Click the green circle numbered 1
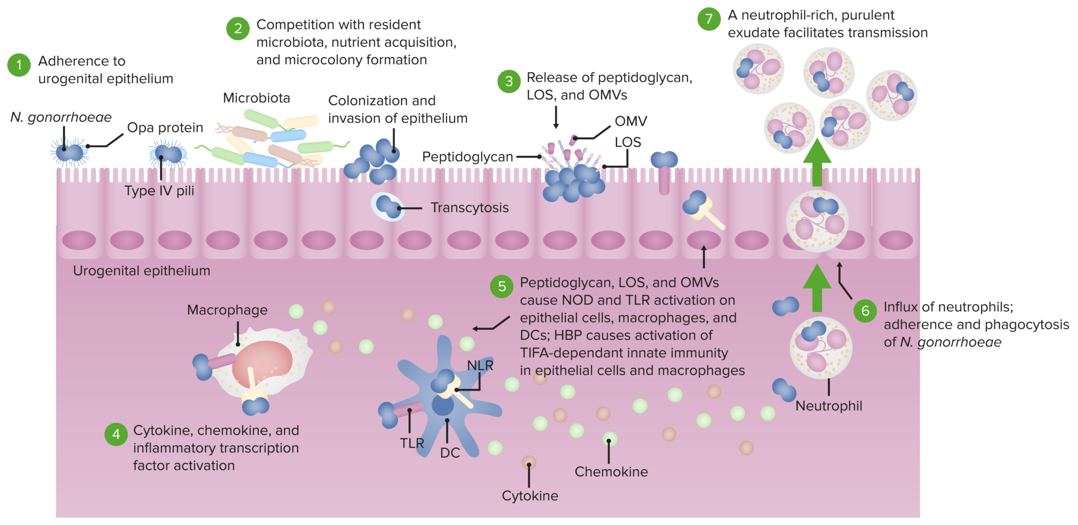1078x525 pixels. click(19, 65)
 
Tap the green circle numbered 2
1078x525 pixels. click(238, 28)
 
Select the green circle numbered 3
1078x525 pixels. click(509, 82)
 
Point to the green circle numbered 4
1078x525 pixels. click(116, 435)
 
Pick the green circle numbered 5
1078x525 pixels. click(502, 287)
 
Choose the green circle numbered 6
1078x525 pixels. click(865, 311)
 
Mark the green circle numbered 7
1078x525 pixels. click(709, 19)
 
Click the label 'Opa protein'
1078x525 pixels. click(165, 128)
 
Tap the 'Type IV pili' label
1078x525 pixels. click(159, 191)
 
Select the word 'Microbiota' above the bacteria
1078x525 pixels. click(256, 98)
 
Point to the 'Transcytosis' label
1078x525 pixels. click(470, 208)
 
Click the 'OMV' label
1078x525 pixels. click(631, 122)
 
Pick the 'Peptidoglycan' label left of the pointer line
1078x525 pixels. click(467, 157)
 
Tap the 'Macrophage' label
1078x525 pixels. click(227, 310)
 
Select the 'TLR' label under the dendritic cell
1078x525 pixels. click(412, 443)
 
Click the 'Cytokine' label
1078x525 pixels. click(530, 496)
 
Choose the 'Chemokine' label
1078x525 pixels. click(611, 472)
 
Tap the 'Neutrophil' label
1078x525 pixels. click(829, 406)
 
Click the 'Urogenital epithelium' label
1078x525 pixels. click(142, 271)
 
